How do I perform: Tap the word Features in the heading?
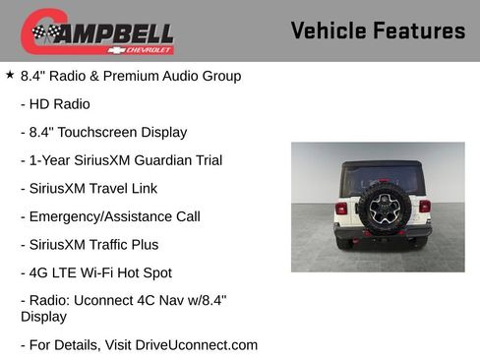coord(419,30)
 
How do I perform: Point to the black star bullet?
coord(10,74)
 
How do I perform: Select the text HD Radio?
coord(61,103)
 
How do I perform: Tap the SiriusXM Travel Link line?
coord(89,188)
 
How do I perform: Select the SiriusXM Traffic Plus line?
coord(89,244)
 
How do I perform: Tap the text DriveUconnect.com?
coord(193,344)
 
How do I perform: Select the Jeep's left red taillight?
coord(341,208)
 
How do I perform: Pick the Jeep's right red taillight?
coord(424,207)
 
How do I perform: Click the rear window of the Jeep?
coord(382,177)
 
